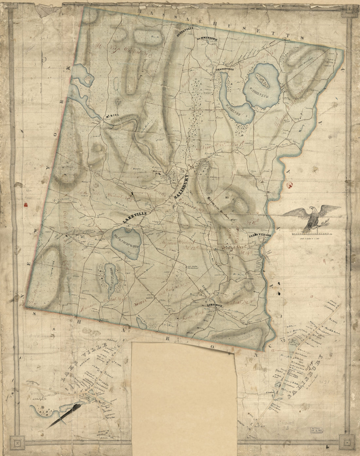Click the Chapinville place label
(x=224, y=69)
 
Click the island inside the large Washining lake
(x=262, y=80)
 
